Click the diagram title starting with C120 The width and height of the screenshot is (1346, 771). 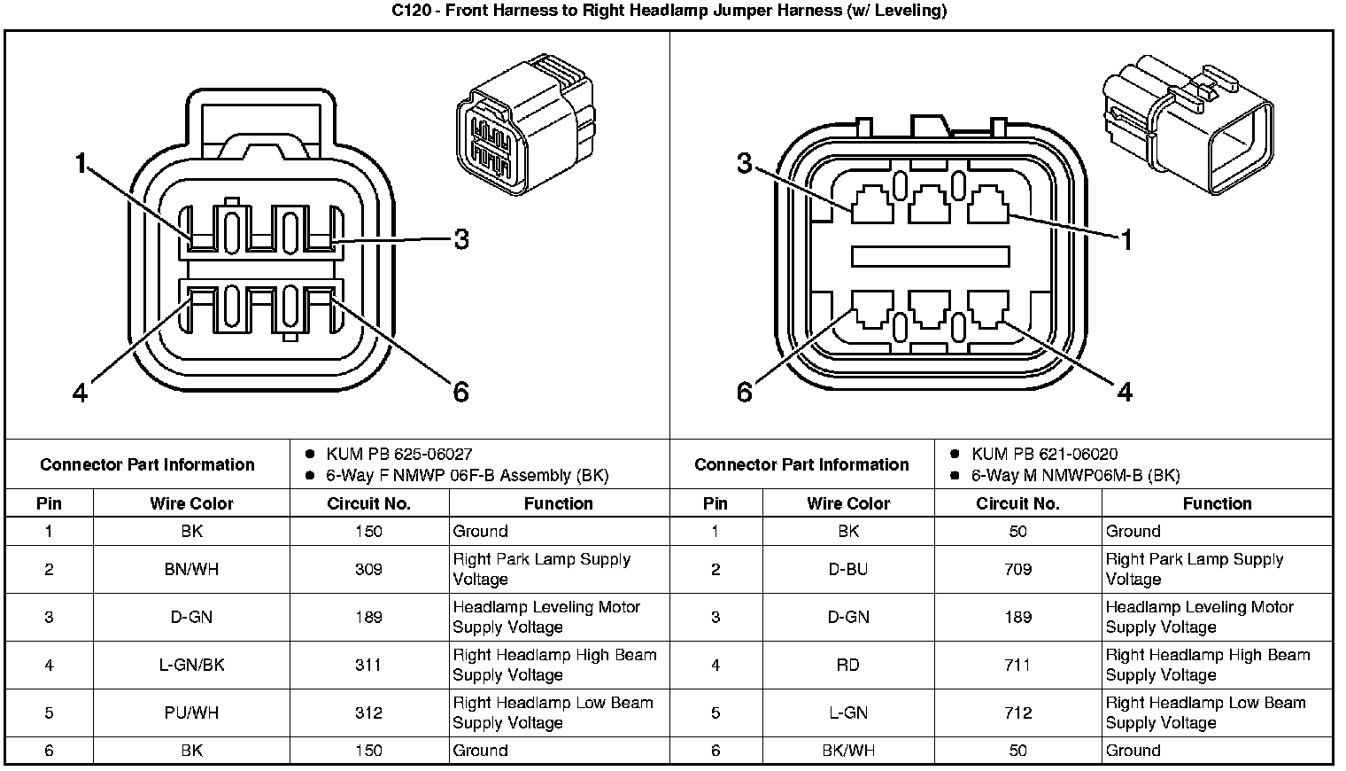pyautogui.click(x=669, y=12)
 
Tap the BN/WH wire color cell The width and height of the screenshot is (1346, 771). pyautogui.click(x=191, y=570)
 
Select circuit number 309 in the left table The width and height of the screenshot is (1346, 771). pyautogui.click(x=368, y=570)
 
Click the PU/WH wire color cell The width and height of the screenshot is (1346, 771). pyautogui.click(x=191, y=713)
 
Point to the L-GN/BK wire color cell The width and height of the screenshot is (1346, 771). pyautogui.click(x=191, y=666)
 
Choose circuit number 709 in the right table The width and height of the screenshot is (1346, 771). pyautogui.click(x=1017, y=570)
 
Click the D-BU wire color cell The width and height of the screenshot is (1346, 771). pyautogui.click(x=847, y=570)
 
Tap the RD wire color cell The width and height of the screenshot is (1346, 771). pyautogui.click(x=847, y=666)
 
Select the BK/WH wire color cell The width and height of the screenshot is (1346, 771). pyautogui.click(x=847, y=751)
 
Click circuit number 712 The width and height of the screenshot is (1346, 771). pyautogui.click(x=1017, y=713)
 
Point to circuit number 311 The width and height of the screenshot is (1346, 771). pyautogui.click(x=368, y=666)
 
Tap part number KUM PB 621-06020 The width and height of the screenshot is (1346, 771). pyautogui.click(x=1044, y=455)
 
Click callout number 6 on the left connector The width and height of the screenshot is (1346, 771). pyautogui.click(x=460, y=392)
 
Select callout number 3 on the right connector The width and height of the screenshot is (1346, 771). pyautogui.click(x=745, y=163)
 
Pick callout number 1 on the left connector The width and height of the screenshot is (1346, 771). pyautogui.click(x=81, y=163)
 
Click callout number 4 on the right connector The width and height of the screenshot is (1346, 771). pyautogui.click(x=1125, y=392)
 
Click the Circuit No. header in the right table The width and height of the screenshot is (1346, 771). pyautogui.click(x=1017, y=504)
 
